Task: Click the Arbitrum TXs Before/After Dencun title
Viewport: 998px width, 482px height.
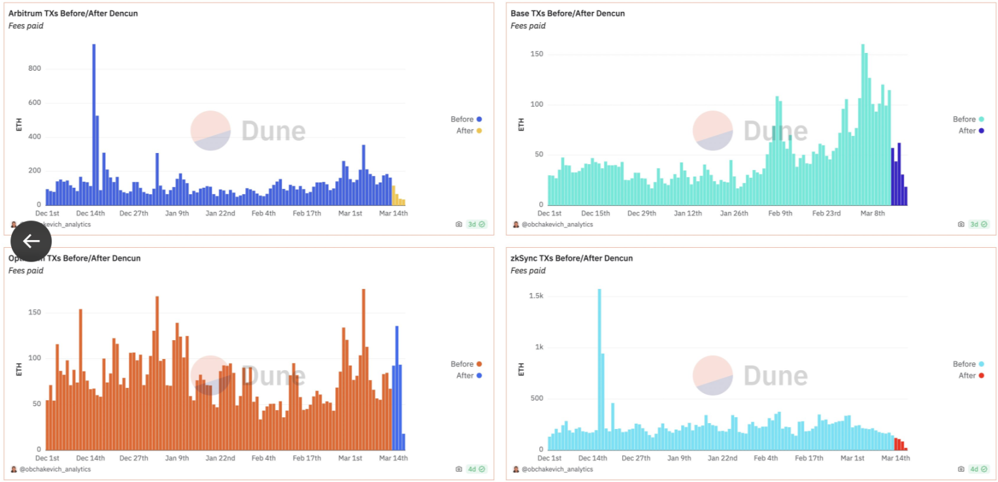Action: (73, 13)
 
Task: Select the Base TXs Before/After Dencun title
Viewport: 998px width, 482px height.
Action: (568, 13)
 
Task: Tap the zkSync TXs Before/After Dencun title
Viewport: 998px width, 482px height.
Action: (572, 258)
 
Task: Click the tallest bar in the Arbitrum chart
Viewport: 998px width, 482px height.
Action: (93, 124)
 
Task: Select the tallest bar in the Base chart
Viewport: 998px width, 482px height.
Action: (863, 124)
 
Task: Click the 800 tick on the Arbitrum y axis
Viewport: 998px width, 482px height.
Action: (34, 69)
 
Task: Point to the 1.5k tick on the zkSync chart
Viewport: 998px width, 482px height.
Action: (535, 296)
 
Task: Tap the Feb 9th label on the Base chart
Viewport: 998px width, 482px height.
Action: (780, 213)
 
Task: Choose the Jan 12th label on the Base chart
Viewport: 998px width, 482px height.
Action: (688, 213)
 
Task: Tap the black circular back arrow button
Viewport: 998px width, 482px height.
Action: (31, 241)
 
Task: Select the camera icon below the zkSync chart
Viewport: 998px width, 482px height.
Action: (961, 469)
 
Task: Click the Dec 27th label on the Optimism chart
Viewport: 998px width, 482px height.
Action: (136, 458)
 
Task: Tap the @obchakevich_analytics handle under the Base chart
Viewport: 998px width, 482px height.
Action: (557, 224)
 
